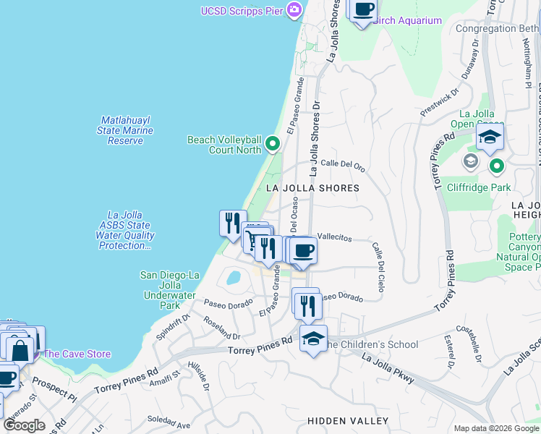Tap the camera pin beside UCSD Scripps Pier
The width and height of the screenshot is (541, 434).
tap(294, 10)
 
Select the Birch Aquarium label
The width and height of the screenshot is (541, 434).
tap(409, 20)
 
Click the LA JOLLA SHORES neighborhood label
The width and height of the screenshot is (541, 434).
tap(312, 188)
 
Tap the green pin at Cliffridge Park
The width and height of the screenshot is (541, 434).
tap(497, 167)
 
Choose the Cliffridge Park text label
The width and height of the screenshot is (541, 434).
tap(482, 188)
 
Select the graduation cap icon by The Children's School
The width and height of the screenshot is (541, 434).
tap(313, 339)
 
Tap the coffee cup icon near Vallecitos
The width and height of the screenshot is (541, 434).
tap(303, 250)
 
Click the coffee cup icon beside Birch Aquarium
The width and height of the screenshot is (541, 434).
tap(364, 10)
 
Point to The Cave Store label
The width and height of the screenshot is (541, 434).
tap(77, 354)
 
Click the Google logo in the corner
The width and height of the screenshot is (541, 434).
tap(24, 425)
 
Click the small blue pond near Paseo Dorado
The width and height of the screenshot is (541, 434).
tap(233, 277)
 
